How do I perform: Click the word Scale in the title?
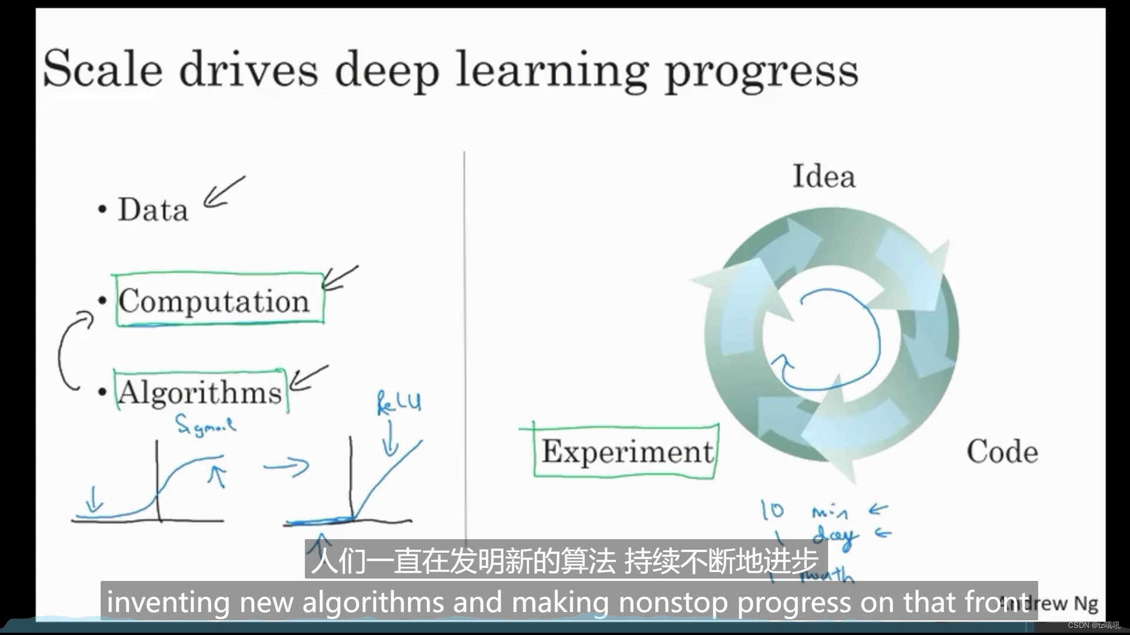[x=102, y=69]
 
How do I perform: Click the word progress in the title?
[x=761, y=72]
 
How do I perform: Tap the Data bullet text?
[x=153, y=210]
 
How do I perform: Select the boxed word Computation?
[x=214, y=301]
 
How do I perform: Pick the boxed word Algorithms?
[x=200, y=392]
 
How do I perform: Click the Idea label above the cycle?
[x=823, y=176]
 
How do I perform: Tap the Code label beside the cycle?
[x=1002, y=452]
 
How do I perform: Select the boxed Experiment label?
[x=627, y=452]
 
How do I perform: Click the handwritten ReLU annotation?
[x=398, y=403]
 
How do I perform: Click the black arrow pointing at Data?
[x=223, y=193]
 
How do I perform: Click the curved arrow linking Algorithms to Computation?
[x=69, y=352]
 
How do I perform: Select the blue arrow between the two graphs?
[x=287, y=467]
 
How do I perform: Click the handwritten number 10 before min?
[x=772, y=510]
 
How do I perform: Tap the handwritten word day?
[x=835, y=537]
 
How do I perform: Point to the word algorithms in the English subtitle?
[x=373, y=602]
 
